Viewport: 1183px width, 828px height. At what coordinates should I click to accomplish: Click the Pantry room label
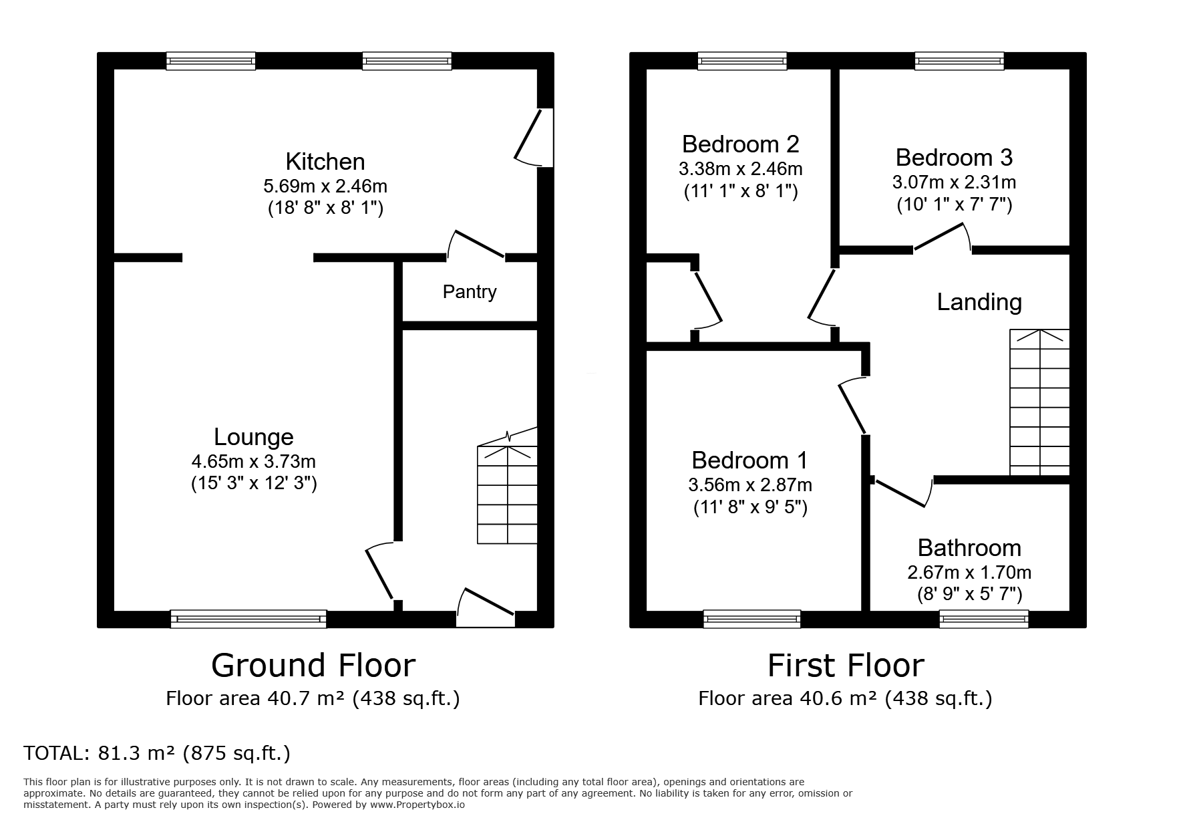(x=469, y=292)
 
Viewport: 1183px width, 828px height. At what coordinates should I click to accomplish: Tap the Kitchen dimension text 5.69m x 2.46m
(x=325, y=185)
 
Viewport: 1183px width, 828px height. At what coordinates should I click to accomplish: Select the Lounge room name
(x=253, y=437)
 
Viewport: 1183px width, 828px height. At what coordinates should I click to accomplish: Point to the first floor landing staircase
(x=1039, y=403)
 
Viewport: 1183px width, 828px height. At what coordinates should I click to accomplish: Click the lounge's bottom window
(x=248, y=619)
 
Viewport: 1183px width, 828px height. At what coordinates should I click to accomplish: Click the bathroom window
(x=983, y=619)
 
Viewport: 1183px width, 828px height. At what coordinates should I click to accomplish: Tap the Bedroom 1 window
(x=751, y=619)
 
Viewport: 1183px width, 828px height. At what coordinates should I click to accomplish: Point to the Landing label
(x=979, y=302)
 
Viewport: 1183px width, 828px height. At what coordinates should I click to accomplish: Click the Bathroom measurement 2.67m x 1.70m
(x=969, y=573)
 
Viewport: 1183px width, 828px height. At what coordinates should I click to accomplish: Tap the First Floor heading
(x=845, y=666)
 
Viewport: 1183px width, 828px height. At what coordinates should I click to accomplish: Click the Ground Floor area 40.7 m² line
(x=313, y=699)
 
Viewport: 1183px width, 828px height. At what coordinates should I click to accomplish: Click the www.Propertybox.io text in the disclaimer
(x=417, y=805)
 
